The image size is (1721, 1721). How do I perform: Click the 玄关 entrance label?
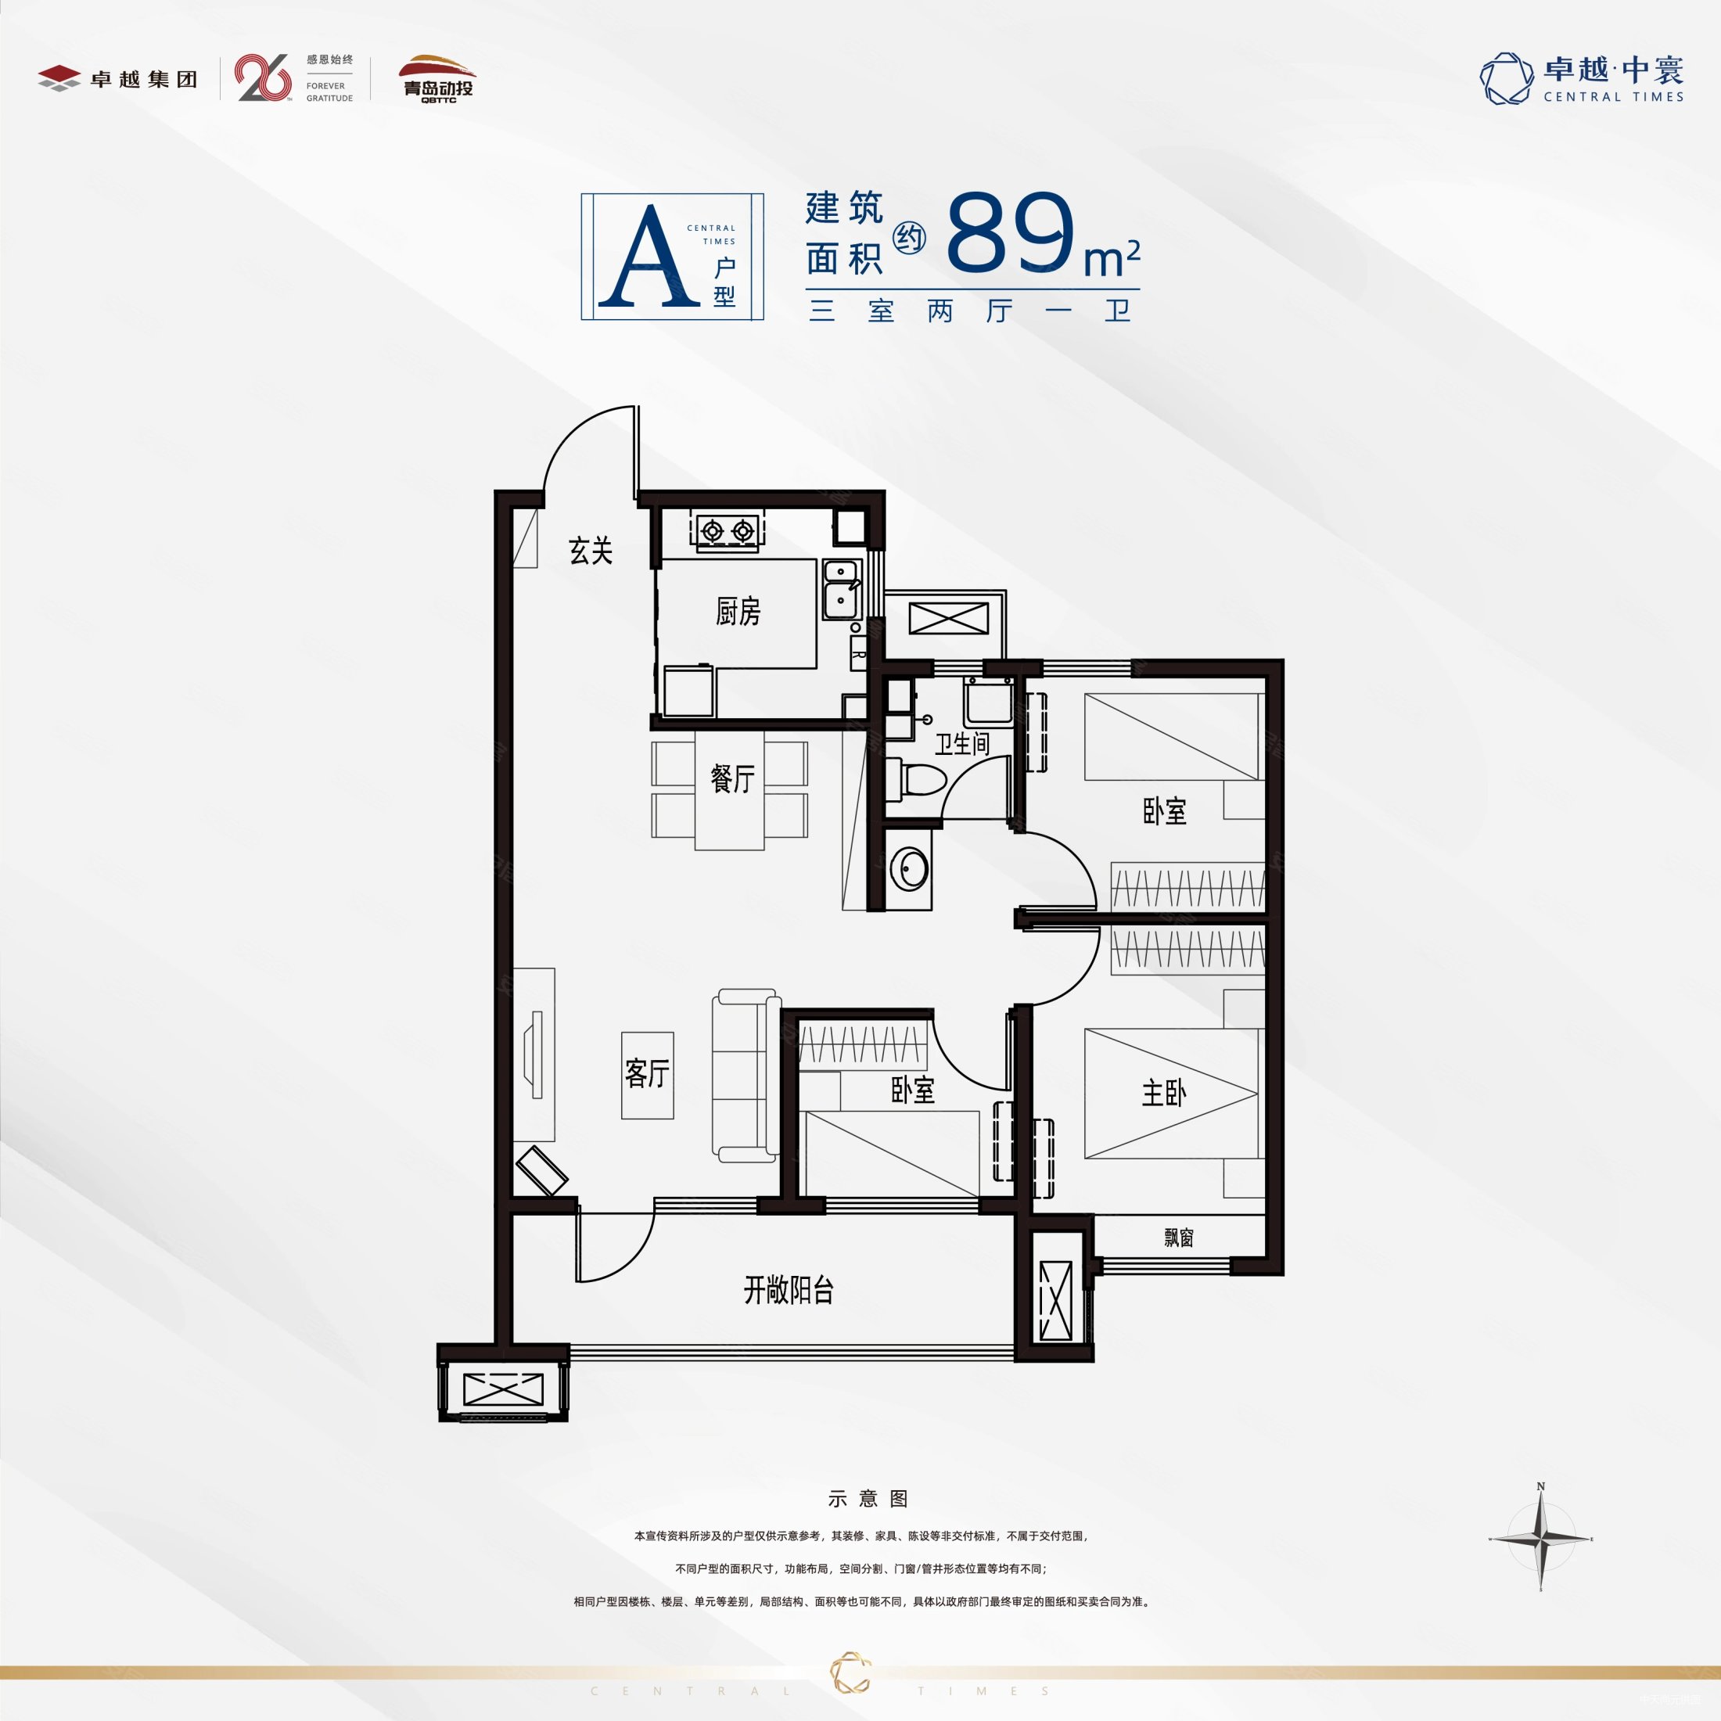tap(591, 552)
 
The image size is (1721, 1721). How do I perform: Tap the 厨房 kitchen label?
tap(738, 611)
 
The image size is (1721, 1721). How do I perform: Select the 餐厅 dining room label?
tap(732, 778)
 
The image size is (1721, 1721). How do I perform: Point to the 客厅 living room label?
tap(647, 1073)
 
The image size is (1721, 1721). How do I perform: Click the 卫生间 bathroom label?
tap(962, 744)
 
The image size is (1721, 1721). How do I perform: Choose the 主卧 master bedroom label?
tap(1163, 1093)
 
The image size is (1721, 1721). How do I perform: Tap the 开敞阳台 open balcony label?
tap(789, 1290)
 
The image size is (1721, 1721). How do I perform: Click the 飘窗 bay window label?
tap(1179, 1238)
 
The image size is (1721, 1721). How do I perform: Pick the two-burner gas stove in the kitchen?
tap(727, 532)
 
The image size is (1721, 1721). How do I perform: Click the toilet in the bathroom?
tap(916, 781)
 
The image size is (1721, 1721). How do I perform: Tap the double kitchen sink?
tap(841, 589)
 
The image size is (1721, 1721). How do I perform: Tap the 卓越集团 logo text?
tap(143, 79)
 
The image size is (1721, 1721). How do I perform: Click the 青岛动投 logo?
tap(437, 79)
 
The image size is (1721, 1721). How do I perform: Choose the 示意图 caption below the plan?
tap(867, 1499)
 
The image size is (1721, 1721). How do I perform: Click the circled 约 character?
tap(910, 238)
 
